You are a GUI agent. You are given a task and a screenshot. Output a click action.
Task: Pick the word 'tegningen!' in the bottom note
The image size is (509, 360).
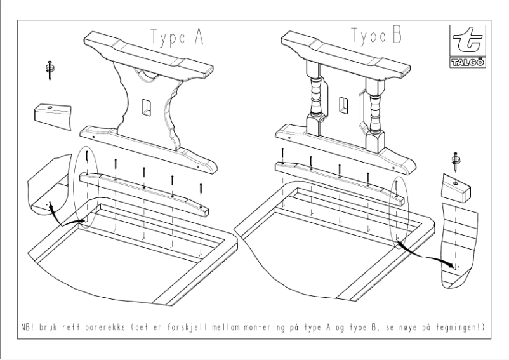pos(470,328)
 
